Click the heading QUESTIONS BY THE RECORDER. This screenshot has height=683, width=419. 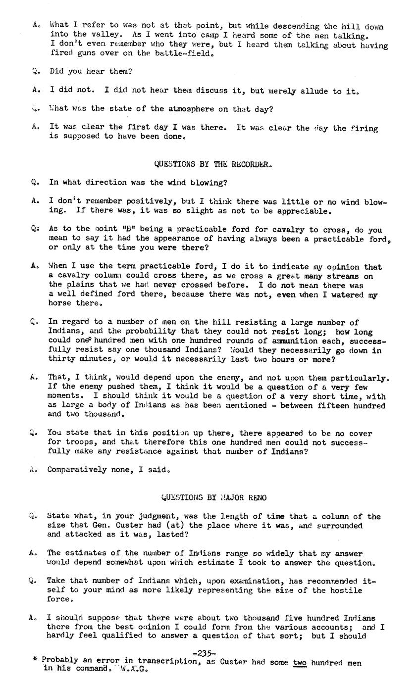coord(213,164)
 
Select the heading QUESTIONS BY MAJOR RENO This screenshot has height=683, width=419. coord(213,497)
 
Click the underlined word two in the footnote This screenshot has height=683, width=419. coord(300,662)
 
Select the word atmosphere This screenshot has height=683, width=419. coord(192,109)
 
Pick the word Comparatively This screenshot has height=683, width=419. coord(76,469)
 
